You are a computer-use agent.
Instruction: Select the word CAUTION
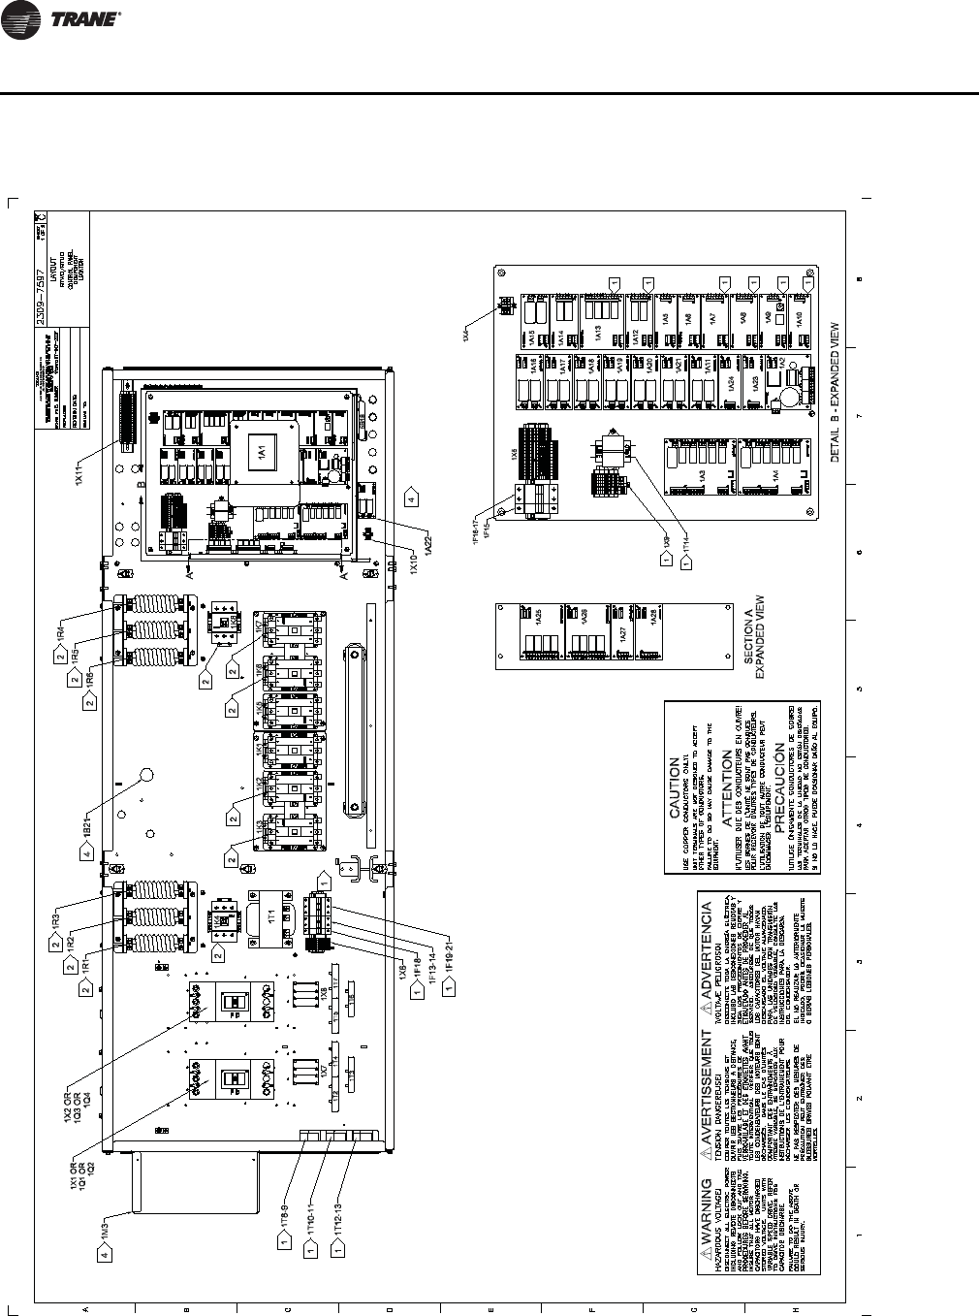point(676,799)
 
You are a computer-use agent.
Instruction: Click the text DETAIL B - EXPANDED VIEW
point(836,393)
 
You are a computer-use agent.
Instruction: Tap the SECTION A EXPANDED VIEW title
point(754,640)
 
